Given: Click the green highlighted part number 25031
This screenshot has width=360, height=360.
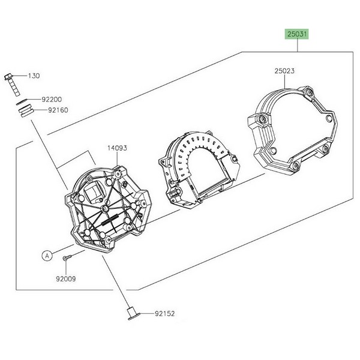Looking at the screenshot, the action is pyautogui.click(x=297, y=34).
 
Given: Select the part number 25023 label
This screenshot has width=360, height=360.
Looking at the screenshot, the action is pyautogui.click(x=284, y=71).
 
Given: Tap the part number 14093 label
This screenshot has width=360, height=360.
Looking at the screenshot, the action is pyautogui.click(x=117, y=148).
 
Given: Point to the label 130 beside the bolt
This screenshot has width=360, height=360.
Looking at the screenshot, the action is pyautogui.click(x=34, y=76).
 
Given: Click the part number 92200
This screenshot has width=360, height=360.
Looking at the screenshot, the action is pyautogui.click(x=52, y=100).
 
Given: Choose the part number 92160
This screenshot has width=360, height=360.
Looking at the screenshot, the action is pyautogui.click(x=58, y=110).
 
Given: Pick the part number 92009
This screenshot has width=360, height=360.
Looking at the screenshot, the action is pyautogui.click(x=66, y=279).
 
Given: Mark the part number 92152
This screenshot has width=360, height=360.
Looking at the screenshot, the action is pyautogui.click(x=165, y=314).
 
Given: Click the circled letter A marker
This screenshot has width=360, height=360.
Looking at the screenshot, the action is pyautogui.click(x=47, y=256).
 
